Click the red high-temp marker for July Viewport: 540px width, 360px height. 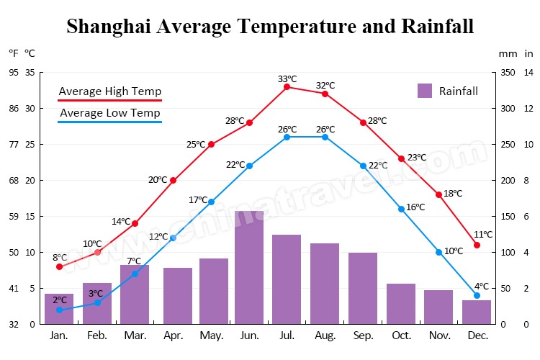(x=287, y=86)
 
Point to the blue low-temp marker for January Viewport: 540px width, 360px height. (x=59, y=310)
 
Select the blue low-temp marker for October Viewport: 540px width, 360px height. (x=401, y=209)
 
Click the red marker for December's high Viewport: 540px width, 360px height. (x=477, y=245)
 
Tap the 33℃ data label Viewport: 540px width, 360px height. (x=287, y=78)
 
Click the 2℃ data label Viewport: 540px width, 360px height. (x=59, y=300)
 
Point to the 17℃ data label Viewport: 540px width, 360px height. (x=198, y=199)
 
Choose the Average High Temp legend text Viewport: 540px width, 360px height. (x=109, y=91)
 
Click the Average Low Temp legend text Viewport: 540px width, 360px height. (x=109, y=113)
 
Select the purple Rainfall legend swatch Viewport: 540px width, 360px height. (x=425, y=91)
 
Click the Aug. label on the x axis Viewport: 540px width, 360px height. (x=325, y=336)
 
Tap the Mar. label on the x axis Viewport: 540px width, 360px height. (x=135, y=336)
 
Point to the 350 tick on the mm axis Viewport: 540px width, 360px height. (x=507, y=73)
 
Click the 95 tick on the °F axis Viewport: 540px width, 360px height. (x=14, y=73)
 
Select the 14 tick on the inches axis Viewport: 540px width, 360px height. (x=528, y=73)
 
